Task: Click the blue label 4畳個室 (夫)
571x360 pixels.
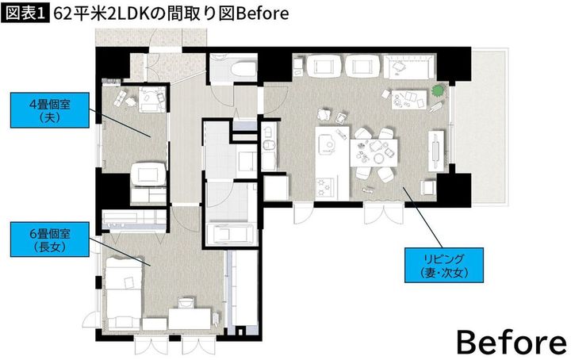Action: (x=44, y=109)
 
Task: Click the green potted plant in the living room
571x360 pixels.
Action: (x=438, y=91)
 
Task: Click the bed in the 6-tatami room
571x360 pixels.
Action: (x=123, y=290)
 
